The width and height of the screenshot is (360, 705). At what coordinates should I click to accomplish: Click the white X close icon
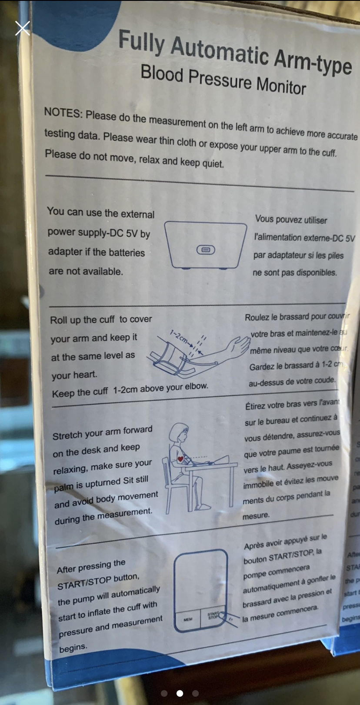(22, 28)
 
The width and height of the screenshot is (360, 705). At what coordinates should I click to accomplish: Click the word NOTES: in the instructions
(63, 113)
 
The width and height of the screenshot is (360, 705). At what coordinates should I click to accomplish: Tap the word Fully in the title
(142, 42)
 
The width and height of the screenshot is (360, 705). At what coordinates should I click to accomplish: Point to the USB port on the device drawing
(206, 250)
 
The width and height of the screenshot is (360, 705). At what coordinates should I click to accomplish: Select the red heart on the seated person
(180, 459)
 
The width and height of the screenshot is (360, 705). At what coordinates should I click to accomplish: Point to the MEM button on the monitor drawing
(188, 619)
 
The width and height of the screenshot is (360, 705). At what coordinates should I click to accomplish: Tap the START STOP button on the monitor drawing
(213, 616)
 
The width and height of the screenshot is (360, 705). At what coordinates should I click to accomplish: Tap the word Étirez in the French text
(255, 406)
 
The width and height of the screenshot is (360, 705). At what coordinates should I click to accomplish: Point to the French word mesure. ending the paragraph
(256, 516)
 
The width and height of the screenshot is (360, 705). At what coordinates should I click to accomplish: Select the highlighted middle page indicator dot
(180, 693)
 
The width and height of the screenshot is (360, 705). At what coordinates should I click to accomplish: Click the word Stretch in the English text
(67, 436)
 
